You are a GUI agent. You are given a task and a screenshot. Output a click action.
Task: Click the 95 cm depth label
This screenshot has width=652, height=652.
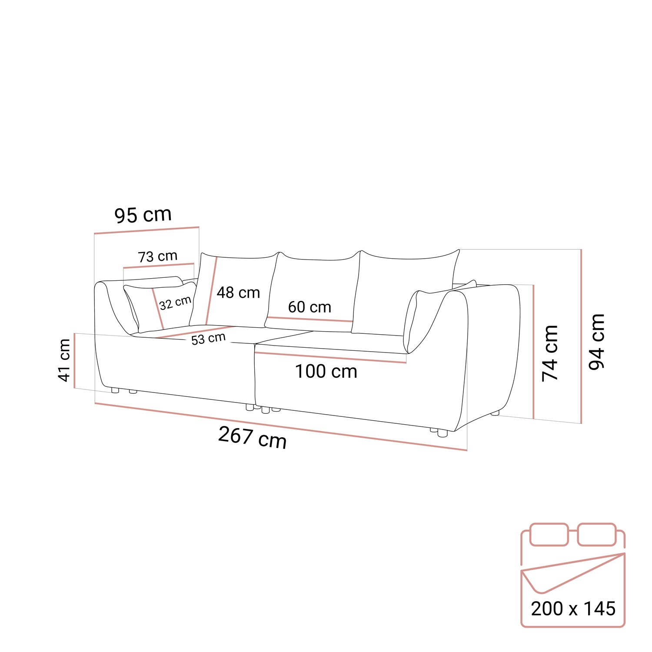point(143,215)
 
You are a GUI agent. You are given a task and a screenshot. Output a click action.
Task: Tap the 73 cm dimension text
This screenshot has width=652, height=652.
point(158,256)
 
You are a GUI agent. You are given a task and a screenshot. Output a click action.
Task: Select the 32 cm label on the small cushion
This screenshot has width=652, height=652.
point(175,303)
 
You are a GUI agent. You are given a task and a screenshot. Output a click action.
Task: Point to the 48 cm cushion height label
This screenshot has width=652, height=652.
point(238,293)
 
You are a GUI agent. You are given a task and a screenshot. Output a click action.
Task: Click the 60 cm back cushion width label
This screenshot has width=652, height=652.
point(309,307)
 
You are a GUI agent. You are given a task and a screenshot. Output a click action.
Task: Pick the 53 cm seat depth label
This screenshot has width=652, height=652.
point(209,339)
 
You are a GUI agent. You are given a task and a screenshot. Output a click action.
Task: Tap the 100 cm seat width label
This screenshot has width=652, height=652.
point(326,372)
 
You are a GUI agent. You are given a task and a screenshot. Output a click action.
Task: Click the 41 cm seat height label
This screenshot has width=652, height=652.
point(64,360)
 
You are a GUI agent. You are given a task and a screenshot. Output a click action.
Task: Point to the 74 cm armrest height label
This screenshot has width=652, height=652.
point(550,353)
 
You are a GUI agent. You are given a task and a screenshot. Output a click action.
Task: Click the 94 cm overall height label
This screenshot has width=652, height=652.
point(597,342)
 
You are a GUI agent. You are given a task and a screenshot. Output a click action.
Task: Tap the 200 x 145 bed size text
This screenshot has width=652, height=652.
point(573,609)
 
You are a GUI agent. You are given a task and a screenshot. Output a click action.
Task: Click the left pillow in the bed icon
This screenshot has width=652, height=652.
point(549,535)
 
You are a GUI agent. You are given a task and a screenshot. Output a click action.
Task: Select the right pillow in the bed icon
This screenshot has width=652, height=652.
point(597,535)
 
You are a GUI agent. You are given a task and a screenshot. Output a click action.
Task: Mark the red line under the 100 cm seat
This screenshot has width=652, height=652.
point(330,358)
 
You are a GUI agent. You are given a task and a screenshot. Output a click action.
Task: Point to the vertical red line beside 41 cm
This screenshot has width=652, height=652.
point(75,360)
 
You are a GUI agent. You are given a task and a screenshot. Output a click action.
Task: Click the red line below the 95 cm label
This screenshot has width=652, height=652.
point(146,230)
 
